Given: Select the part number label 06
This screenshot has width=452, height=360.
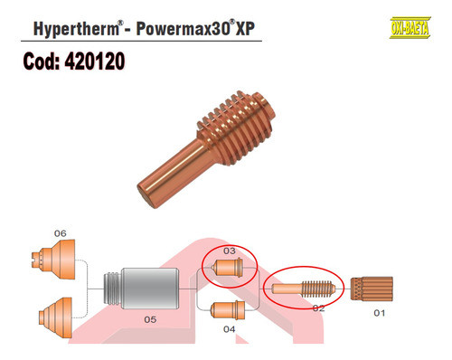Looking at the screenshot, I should click(60, 233).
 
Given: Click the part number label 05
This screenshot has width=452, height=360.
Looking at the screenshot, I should click(150, 319).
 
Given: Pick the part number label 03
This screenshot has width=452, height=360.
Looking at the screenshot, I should click(229, 250).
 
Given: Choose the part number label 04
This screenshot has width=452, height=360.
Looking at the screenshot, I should click(229, 328).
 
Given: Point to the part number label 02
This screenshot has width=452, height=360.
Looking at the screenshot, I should click(318, 308).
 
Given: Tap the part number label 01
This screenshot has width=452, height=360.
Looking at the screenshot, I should click(379, 313).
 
